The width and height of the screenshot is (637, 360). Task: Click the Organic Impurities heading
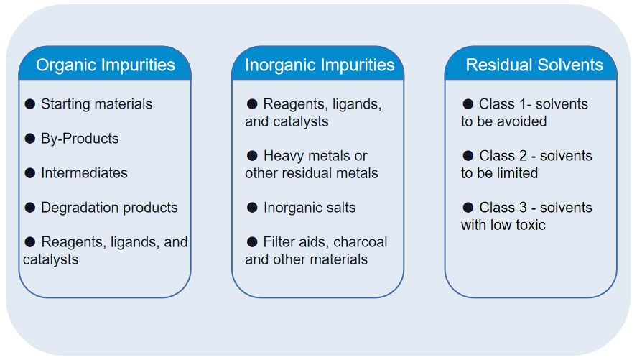105,65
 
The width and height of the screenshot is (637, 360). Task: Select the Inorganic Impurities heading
320,65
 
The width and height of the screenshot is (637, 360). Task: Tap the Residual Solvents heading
534,65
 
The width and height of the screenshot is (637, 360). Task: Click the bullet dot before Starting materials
30,104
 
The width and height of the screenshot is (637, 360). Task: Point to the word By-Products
80,139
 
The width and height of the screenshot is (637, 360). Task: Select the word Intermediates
84,173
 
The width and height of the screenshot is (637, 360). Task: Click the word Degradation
76,208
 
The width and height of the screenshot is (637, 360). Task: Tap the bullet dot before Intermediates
30,173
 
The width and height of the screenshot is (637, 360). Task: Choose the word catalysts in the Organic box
50,259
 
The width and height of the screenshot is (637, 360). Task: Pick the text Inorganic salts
310,208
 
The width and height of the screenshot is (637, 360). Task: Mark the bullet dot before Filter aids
252,242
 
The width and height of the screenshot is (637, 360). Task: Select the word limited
516,173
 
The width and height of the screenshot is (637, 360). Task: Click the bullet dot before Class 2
468,156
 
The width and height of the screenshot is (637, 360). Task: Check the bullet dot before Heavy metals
252,156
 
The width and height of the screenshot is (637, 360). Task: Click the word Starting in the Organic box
66,104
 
